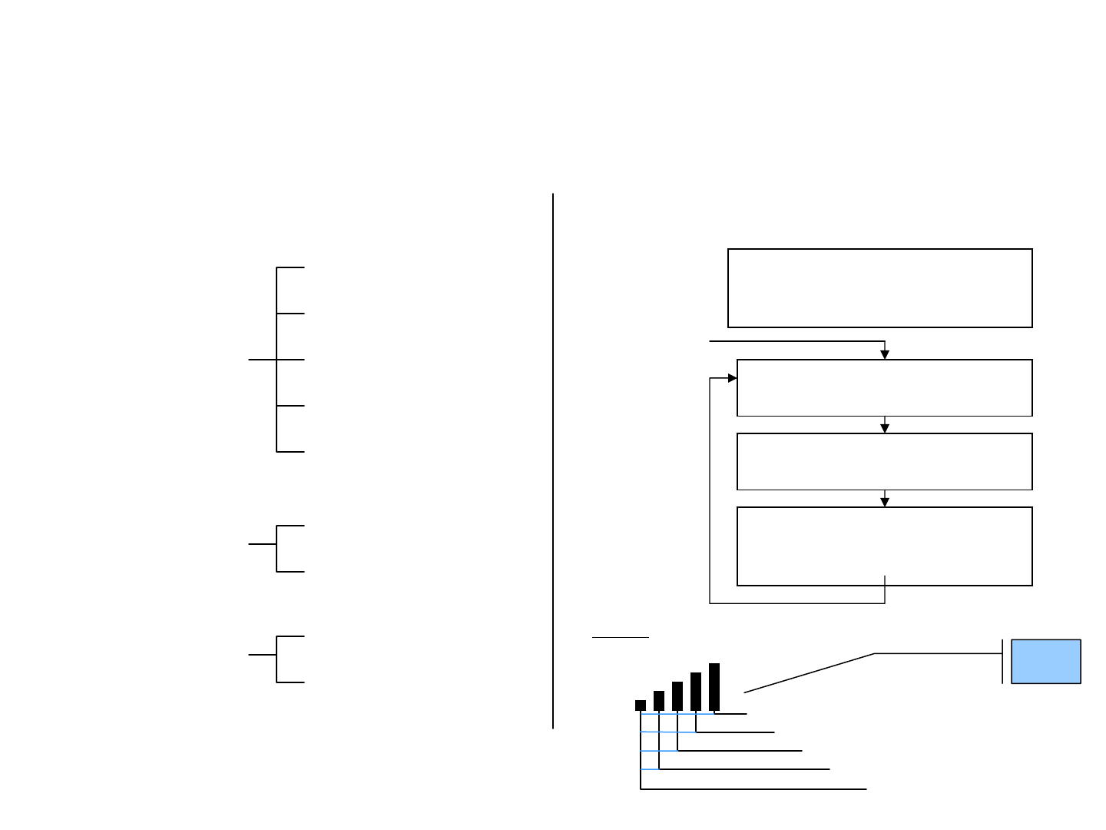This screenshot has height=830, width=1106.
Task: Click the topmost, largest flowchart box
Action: coord(879,288)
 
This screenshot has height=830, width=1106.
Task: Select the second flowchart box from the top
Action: coord(884,387)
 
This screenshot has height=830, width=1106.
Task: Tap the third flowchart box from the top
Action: coord(884,461)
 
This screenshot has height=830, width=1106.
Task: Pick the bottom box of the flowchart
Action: coord(884,546)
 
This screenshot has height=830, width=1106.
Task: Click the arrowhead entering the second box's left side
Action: coord(732,378)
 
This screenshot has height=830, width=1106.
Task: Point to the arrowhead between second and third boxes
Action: coord(885,428)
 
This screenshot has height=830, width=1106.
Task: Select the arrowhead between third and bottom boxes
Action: coord(885,502)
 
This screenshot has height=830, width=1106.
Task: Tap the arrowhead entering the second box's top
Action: coord(885,354)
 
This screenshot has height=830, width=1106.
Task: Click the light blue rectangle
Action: coord(1046,661)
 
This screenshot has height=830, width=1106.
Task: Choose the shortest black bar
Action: coord(641,705)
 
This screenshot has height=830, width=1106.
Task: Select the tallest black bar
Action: coord(714,686)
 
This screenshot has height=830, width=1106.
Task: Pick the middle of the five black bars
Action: coord(677,696)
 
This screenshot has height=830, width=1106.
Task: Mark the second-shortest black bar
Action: coord(659,701)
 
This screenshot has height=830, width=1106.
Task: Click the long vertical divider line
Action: coord(553,461)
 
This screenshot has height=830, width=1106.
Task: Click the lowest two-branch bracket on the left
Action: coord(276,659)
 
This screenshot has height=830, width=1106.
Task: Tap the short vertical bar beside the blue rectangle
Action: coord(1002,661)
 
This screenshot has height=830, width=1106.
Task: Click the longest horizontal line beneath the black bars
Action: coord(753,788)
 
